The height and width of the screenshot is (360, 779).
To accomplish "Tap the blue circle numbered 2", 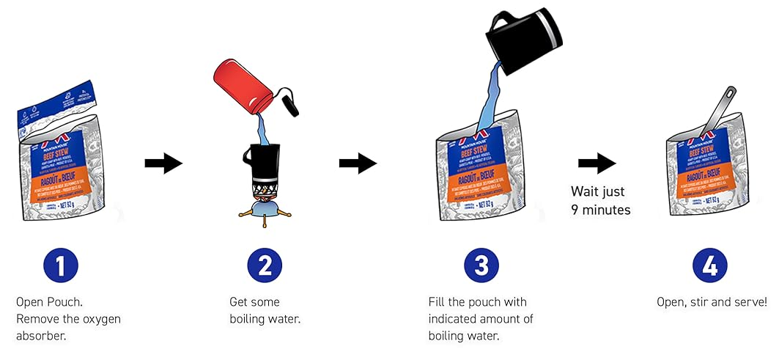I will click(x=265, y=265).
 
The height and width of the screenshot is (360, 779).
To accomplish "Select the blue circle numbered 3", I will click(x=481, y=265).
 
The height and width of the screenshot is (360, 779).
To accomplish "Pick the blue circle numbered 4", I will click(x=710, y=265).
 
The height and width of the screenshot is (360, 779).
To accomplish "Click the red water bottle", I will click(x=245, y=89).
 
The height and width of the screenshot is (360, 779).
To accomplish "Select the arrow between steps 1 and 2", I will click(x=163, y=163).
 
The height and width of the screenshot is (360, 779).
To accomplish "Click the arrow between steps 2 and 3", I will click(x=358, y=163).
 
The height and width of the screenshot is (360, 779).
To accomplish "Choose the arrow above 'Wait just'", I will click(x=597, y=163).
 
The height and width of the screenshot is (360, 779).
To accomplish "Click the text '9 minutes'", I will click(x=601, y=210).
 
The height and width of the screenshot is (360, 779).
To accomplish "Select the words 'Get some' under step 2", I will click(x=254, y=302).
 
